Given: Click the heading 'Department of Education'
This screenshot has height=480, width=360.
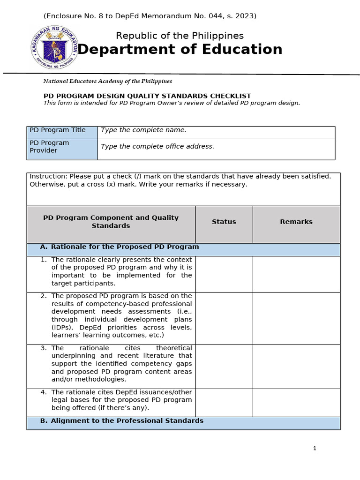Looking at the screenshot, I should (x=180, y=49).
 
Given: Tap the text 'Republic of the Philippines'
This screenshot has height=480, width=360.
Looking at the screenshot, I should (x=180, y=36).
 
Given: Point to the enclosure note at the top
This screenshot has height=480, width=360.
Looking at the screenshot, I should (x=150, y=16).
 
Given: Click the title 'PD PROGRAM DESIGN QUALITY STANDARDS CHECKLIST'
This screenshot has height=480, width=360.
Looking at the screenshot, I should (x=147, y=96).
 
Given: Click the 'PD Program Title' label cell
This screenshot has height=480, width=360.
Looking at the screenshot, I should (x=62, y=132).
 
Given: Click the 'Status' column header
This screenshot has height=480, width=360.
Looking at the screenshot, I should (x=224, y=222).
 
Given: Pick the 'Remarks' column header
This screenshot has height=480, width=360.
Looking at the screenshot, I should (x=296, y=222).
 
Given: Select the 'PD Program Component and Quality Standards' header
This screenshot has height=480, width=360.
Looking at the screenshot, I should (x=111, y=222).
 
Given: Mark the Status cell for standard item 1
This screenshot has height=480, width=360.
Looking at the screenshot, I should (x=224, y=274).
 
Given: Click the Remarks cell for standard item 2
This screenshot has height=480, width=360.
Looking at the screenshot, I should (x=296, y=318).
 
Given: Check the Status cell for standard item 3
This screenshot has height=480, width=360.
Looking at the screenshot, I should (x=224, y=367).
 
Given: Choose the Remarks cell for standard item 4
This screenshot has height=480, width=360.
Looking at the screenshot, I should (x=296, y=402).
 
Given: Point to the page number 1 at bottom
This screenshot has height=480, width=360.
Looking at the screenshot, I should (x=315, y=449).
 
